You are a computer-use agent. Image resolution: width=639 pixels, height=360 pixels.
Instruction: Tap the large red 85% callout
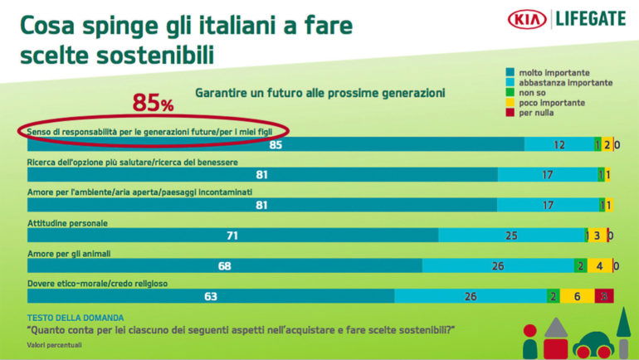coord(154,104)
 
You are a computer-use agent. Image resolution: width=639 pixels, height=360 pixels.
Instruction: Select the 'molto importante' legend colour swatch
coord(510,73)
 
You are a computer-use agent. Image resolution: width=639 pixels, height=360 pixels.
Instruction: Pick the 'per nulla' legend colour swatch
coord(510,113)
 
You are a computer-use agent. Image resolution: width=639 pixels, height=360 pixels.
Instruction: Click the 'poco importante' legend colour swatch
coord(510,103)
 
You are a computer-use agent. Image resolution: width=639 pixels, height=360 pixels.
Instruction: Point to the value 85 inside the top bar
coord(276,145)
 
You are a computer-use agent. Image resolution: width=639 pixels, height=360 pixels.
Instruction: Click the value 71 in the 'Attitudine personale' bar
coord(232,236)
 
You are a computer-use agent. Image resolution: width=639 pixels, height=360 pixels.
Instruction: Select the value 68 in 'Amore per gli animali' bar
coord(224,266)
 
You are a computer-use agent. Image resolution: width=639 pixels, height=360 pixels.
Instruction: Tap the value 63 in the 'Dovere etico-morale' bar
coord(211,296)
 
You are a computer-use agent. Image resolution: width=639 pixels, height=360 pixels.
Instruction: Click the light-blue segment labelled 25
coord(511,236)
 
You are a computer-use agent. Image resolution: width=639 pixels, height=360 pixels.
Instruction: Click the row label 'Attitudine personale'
coord(68,222)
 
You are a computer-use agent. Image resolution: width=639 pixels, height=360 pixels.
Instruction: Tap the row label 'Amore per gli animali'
coord(71,253)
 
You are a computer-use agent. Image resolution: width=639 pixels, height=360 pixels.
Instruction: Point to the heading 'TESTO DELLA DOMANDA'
coord(76,318)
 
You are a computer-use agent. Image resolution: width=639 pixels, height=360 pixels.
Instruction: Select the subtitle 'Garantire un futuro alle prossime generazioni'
coord(320,91)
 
